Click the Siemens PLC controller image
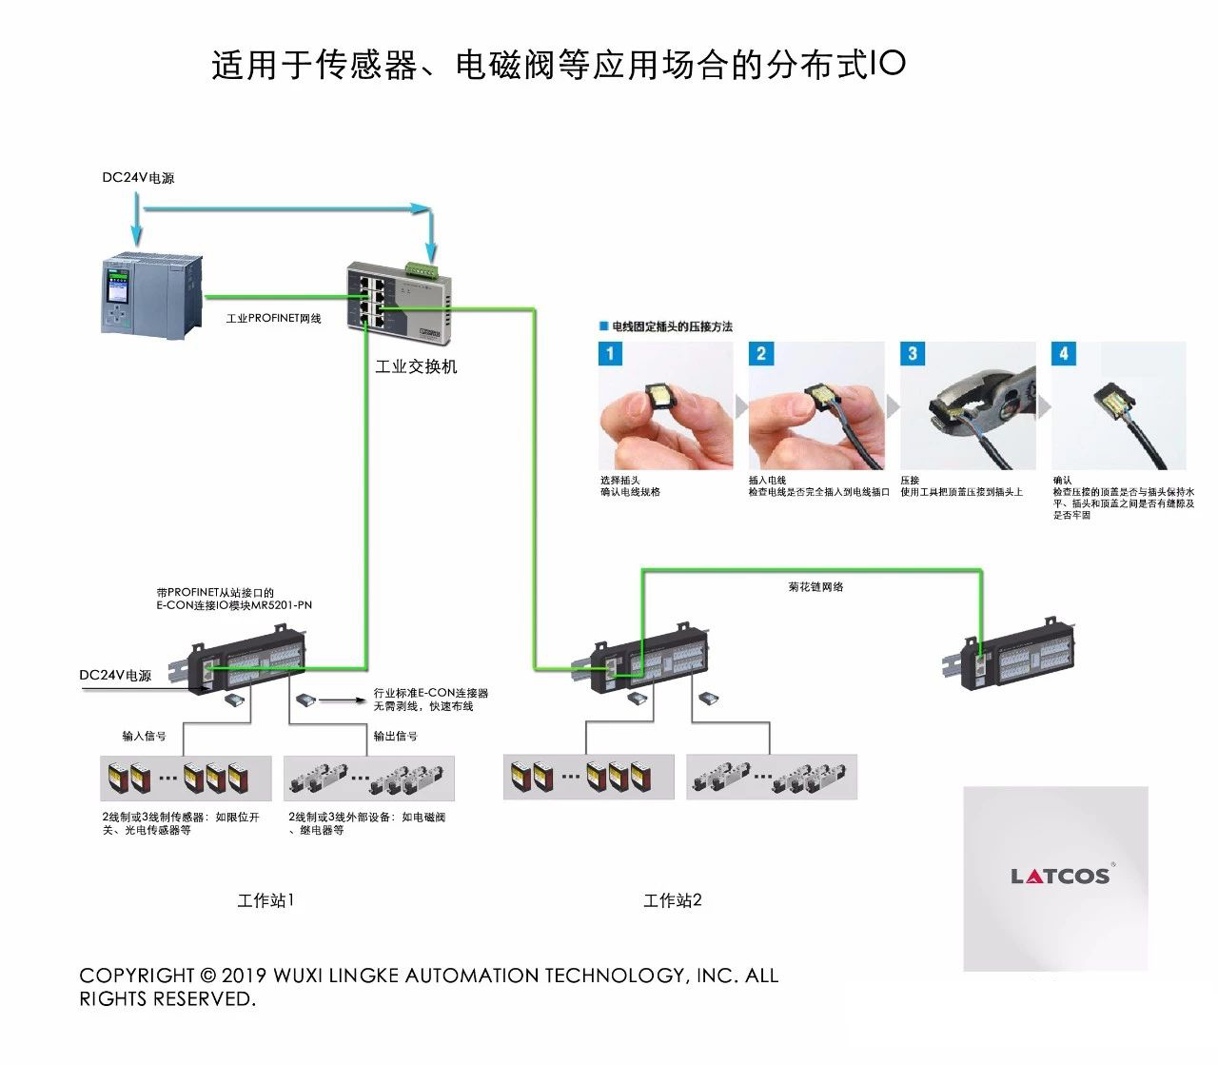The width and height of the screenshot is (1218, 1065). click(151, 292)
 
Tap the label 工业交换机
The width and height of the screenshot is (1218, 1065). click(416, 367)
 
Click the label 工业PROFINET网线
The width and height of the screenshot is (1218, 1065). click(273, 319)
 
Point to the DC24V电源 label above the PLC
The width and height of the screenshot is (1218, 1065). click(138, 178)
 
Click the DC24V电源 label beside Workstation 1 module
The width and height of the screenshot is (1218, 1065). click(115, 675)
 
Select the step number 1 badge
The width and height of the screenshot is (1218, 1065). click(610, 354)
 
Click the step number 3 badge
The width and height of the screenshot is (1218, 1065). click(912, 354)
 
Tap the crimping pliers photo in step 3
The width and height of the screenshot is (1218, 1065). click(968, 406)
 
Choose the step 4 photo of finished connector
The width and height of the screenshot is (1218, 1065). click(1119, 406)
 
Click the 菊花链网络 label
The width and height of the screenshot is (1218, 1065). click(815, 587)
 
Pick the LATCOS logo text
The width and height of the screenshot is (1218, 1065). click(1060, 876)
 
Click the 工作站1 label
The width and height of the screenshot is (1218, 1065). click(265, 900)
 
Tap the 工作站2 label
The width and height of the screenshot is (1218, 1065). click(673, 900)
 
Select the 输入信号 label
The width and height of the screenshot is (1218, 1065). click(144, 736)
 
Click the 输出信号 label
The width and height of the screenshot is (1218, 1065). click(395, 736)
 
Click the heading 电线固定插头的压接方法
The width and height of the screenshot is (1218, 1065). click(672, 326)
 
